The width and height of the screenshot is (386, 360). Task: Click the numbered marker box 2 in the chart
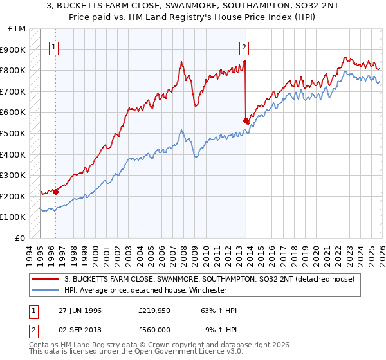[244, 46]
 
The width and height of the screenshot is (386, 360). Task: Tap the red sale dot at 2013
[246, 120]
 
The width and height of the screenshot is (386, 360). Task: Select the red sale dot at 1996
[56, 191]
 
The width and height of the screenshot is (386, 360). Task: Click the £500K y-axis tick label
[14, 134]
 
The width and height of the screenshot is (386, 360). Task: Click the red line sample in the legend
[45, 279]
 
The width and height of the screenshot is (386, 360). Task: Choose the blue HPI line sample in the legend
[45, 290]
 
